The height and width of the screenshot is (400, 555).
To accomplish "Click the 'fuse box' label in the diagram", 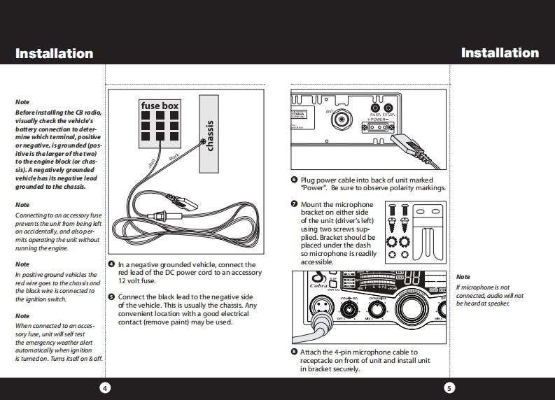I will (160, 106).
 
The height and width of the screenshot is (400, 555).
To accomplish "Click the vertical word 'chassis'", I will (209, 134).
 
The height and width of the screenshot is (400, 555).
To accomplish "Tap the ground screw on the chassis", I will (203, 143).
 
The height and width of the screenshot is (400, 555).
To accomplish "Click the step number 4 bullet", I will (111, 264).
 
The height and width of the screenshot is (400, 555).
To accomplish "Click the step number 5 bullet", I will (111, 297).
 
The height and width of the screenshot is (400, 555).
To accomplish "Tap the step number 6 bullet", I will (295, 180).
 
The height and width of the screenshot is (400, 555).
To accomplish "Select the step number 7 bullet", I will (295, 204).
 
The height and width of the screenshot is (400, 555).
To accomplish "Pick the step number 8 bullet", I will (295, 352).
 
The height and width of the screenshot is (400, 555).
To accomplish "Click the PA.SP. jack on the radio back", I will (374, 108).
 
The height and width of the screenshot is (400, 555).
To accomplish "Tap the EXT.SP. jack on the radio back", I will (388, 108).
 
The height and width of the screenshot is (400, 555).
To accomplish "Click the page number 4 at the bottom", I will (104, 387).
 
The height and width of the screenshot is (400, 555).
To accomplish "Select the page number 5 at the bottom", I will (449, 387).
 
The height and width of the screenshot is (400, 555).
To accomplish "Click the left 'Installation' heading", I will (54, 53).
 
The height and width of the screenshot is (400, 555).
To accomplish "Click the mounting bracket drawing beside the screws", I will (428, 233).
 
